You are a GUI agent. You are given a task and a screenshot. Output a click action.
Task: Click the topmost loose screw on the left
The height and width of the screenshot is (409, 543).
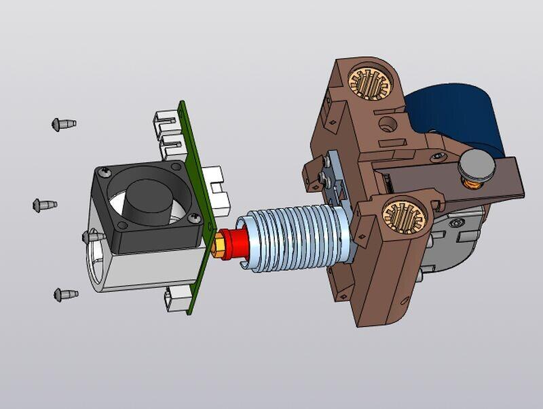63,124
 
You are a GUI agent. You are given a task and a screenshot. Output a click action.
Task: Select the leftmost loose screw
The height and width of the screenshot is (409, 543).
44,205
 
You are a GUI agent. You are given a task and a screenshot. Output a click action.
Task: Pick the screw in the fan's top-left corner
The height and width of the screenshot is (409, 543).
105,174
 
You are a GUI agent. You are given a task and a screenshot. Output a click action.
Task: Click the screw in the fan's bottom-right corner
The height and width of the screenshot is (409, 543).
195,218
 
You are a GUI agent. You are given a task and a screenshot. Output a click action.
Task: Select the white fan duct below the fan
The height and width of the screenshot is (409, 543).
129,268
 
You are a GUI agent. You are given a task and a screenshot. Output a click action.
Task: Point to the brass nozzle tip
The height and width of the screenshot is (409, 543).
221,245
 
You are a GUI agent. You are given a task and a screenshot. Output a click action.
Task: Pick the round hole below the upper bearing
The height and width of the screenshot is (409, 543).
388,124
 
